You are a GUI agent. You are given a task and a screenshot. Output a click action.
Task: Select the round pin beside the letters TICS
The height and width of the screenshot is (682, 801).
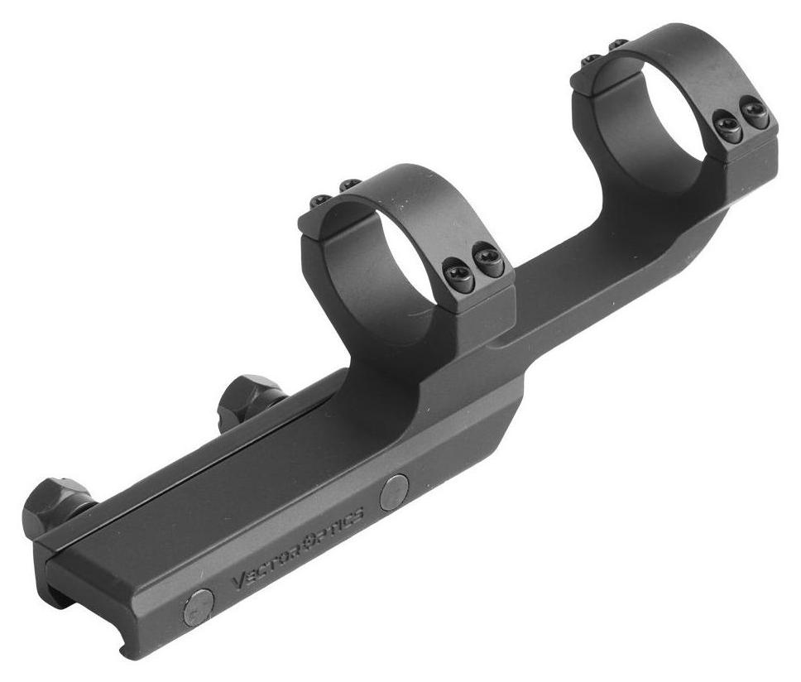click(x=395, y=492)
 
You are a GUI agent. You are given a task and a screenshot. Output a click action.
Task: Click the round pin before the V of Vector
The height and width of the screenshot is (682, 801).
click(x=199, y=607)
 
